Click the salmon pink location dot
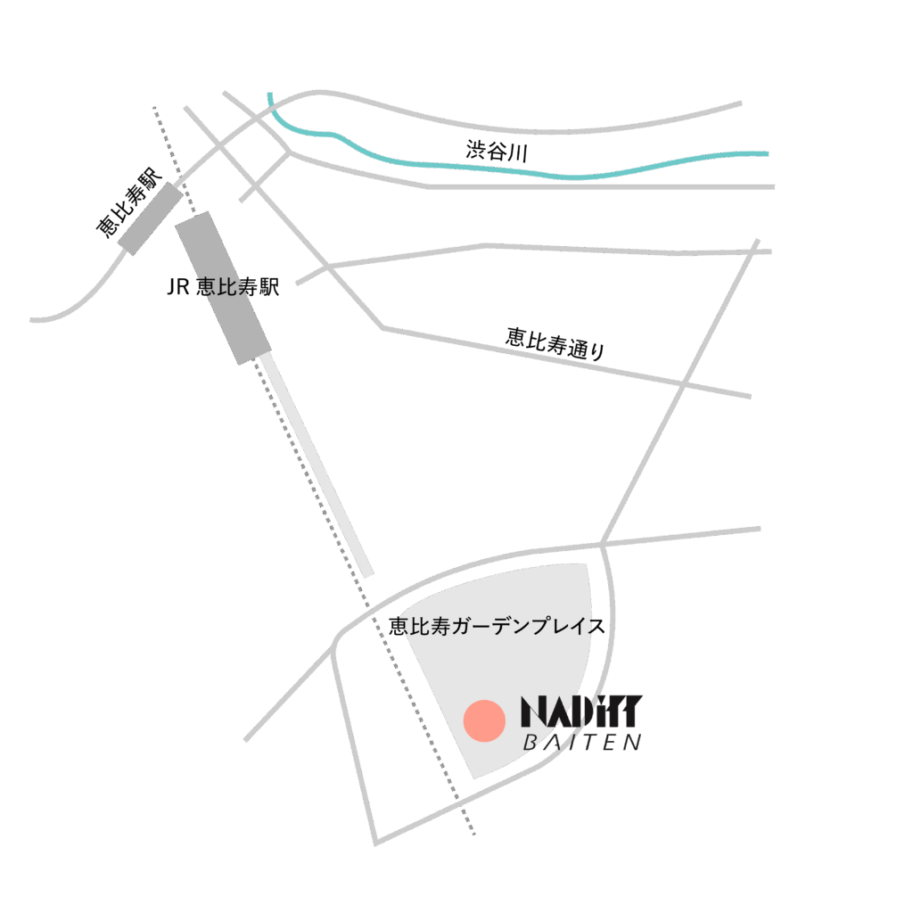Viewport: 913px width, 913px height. [x=484, y=720]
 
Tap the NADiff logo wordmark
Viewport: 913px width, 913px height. [x=581, y=711]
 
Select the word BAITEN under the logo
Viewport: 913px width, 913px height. [x=582, y=743]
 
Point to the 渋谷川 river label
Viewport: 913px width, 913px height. [x=497, y=152]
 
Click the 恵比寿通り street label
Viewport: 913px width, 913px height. [x=555, y=343]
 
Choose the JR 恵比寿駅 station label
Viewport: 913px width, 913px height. [x=223, y=286]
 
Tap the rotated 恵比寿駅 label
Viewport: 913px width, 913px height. [x=128, y=202]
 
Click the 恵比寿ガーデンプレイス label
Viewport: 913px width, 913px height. [x=497, y=626]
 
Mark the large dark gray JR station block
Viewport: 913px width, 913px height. [x=224, y=288]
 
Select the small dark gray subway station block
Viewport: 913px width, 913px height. [x=150, y=218]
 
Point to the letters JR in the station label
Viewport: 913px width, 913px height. [x=178, y=287]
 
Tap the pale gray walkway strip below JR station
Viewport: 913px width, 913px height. [x=315, y=465]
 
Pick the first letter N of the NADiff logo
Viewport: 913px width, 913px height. [x=533, y=711]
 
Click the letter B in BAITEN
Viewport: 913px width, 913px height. [x=531, y=743]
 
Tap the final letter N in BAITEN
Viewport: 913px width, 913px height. [x=634, y=743]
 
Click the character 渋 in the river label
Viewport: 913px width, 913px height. [x=476, y=150]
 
